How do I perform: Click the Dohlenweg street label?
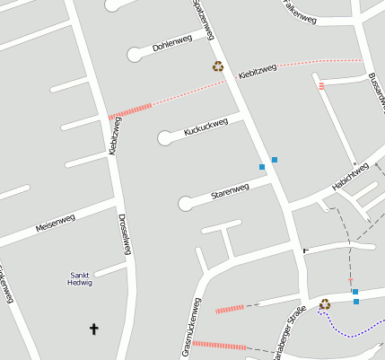click(x=172, y=42)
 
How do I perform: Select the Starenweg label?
click(x=230, y=191)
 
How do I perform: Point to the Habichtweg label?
click(x=350, y=176)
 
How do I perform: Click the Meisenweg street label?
click(x=55, y=221)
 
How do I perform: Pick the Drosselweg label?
click(x=124, y=234)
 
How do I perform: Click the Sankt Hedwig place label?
click(x=80, y=278)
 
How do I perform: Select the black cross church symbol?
click(x=93, y=329)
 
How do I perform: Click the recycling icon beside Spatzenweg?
click(x=217, y=66)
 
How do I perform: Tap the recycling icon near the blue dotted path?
click(x=325, y=304)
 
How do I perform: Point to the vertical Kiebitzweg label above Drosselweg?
click(x=114, y=136)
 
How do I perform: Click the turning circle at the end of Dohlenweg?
click(x=135, y=55)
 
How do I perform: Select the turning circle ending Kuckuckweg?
click(x=164, y=138)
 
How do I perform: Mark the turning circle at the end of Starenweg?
click(x=185, y=203)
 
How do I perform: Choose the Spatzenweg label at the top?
click(x=204, y=20)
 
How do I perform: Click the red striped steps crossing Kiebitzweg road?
click(x=131, y=110)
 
